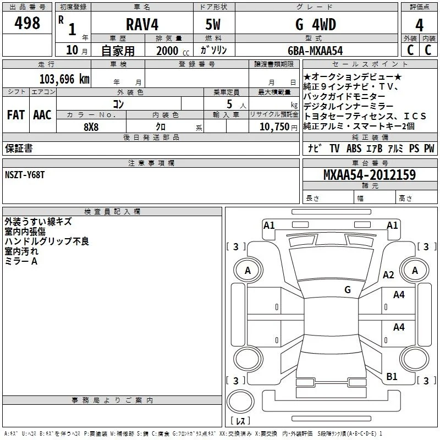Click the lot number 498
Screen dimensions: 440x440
point(27,23)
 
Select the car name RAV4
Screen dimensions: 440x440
point(142,24)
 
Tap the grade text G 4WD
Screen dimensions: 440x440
point(316,24)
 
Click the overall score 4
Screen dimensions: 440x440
point(419,25)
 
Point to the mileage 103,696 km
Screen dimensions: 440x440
point(64,79)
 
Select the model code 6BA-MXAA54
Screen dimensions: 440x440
point(315,51)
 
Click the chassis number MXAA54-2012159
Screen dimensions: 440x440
point(370,175)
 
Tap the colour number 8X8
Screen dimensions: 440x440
point(91,127)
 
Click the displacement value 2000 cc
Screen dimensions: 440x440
point(173,51)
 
